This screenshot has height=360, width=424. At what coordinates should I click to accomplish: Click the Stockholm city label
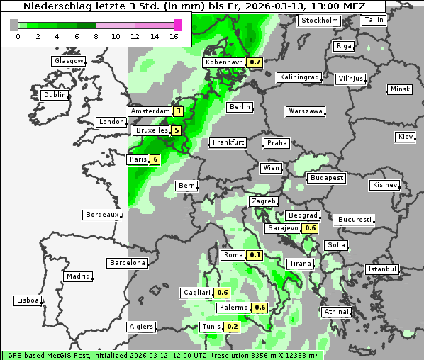coord(319,21)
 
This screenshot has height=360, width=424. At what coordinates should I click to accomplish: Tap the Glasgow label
coord(69,61)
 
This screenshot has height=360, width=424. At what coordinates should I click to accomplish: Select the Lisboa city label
coord(28,300)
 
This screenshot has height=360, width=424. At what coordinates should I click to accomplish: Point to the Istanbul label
coord(382,269)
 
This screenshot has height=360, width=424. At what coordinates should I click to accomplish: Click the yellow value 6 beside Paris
coord(154,159)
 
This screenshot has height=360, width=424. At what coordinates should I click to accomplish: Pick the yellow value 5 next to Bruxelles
coord(176,130)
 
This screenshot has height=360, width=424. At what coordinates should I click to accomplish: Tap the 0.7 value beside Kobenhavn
coord(255,62)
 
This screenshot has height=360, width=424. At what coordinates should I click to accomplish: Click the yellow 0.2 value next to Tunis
coord(232,327)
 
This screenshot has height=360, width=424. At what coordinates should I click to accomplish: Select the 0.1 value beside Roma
coord(255,255)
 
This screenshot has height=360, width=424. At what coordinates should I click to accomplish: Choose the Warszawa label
coord(306,111)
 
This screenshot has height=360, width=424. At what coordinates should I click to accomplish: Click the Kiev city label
coord(406,136)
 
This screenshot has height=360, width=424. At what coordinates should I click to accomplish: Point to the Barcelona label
coord(128,263)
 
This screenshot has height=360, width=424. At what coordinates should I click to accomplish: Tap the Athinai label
coord(336,312)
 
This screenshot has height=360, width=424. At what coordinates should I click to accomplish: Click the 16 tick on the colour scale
coord(174,35)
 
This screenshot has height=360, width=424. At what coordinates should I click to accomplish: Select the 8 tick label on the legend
coord(96,35)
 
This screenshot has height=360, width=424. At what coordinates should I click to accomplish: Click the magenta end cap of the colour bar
coord(178,25)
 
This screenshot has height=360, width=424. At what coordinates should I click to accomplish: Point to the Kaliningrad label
coord(300,77)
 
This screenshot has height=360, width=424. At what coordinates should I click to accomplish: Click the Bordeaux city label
coord(101,214)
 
